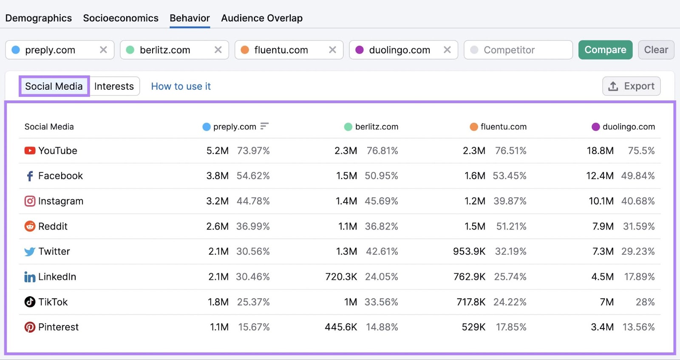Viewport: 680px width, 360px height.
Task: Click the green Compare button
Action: click(x=605, y=50)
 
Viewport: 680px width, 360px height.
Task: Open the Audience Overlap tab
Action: click(x=262, y=18)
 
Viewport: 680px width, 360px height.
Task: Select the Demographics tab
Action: click(x=39, y=18)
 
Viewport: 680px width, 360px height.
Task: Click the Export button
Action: click(x=631, y=86)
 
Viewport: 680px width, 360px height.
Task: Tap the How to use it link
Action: click(x=181, y=86)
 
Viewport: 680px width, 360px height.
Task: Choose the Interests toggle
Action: click(x=114, y=86)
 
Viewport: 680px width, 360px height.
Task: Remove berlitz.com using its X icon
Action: click(x=218, y=50)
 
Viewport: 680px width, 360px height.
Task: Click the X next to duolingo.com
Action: click(x=447, y=50)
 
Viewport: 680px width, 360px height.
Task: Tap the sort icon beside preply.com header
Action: click(x=264, y=126)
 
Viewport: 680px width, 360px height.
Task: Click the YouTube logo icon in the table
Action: click(x=30, y=150)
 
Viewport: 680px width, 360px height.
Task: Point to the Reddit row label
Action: click(x=53, y=226)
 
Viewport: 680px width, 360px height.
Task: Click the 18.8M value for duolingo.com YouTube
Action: click(x=600, y=150)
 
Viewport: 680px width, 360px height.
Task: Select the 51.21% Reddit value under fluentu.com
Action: click(x=511, y=226)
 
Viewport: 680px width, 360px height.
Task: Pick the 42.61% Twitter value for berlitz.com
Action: click(x=382, y=251)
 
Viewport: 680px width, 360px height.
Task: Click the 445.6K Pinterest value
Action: click(x=341, y=327)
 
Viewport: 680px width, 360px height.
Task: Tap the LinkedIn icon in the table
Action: click(x=30, y=277)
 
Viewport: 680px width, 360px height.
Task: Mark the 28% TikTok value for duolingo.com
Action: click(x=645, y=302)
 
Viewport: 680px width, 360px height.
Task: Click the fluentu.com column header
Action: click(x=503, y=127)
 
